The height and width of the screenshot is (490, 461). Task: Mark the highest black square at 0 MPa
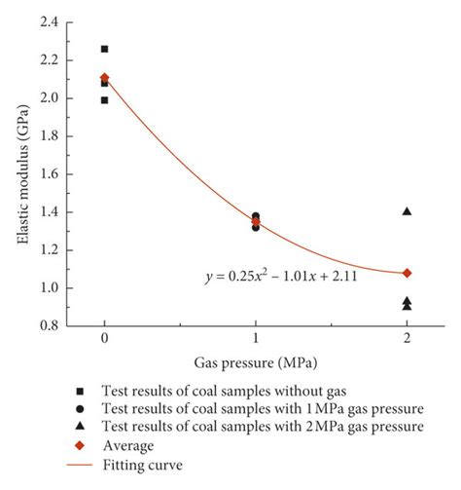(104, 49)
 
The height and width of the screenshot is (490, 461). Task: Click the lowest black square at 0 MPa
(104, 99)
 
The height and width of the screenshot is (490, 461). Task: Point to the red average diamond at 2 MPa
(407, 273)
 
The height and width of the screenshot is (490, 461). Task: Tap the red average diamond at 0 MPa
(104, 78)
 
